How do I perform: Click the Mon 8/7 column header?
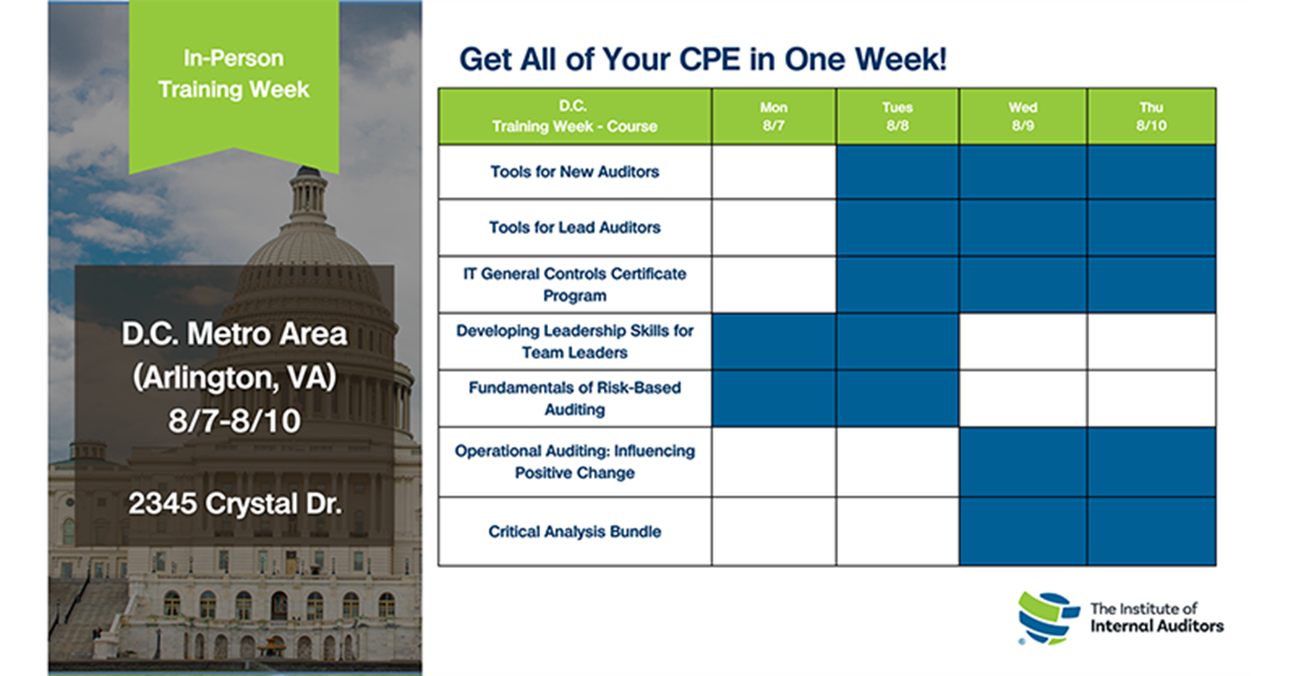coord(774,116)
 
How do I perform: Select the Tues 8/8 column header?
coord(897,116)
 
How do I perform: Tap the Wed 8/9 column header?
coord(1023,116)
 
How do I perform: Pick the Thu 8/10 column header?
coord(1151,116)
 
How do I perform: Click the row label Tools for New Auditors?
coord(574,172)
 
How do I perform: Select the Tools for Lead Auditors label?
coord(574,228)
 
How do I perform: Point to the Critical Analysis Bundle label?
coord(574,532)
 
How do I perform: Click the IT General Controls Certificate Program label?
coord(574,284)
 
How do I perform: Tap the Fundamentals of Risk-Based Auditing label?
coord(574,399)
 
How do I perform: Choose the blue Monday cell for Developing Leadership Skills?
coord(774,341)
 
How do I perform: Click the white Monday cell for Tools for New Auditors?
coord(774,172)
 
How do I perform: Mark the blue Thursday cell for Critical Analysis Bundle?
coord(1151,531)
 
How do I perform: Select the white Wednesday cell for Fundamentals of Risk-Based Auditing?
coord(1023,399)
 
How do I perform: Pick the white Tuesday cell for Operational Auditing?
coord(897,462)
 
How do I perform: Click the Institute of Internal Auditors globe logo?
coord(1048,618)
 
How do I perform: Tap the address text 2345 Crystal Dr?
coord(235,503)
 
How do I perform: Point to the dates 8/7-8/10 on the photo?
coord(235,420)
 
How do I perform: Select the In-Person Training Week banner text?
coord(234,74)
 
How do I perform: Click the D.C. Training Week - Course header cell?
coord(574,116)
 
